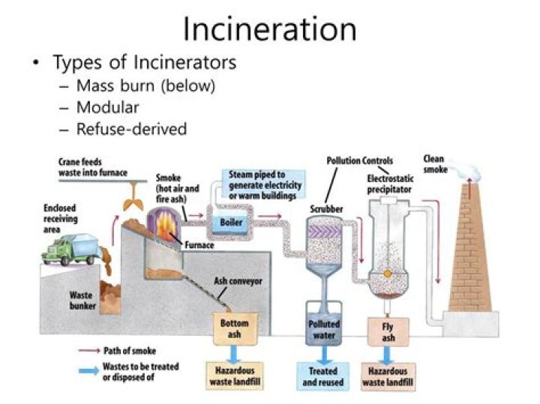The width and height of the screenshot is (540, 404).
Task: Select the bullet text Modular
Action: pyautogui.click(x=108, y=107)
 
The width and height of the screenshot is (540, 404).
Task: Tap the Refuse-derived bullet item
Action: pyautogui.click(x=131, y=129)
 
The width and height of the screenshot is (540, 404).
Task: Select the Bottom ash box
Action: pyautogui.click(x=234, y=328)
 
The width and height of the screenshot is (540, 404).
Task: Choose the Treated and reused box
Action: pyautogui.click(x=324, y=376)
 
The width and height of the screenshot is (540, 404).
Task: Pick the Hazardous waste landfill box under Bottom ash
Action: pyautogui.click(x=234, y=376)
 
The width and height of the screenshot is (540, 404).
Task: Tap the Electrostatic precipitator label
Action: pyautogui.click(x=390, y=184)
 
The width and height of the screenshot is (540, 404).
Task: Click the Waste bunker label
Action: pyautogui.click(x=81, y=301)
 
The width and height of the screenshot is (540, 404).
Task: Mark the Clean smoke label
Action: pyautogui.click(x=436, y=164)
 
